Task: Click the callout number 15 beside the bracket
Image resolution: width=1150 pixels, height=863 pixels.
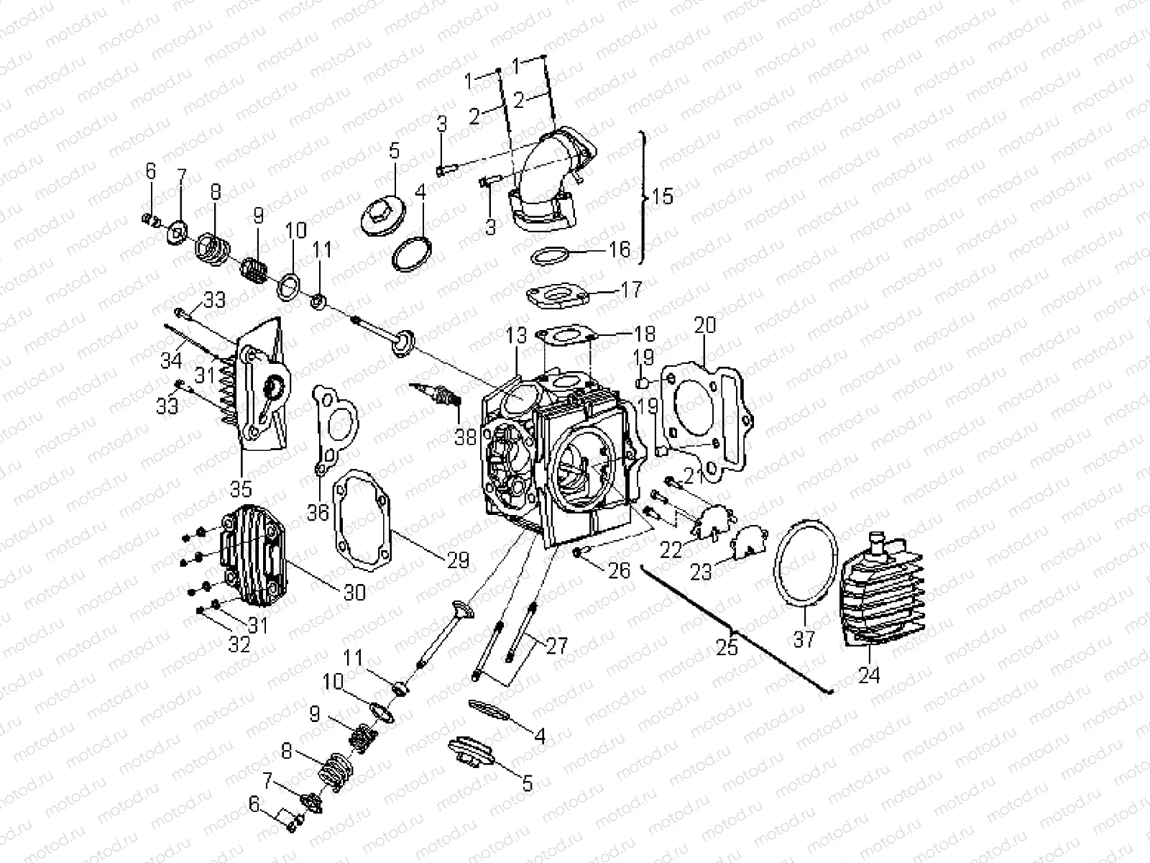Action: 662,196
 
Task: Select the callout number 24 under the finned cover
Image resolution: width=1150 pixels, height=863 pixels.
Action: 868,675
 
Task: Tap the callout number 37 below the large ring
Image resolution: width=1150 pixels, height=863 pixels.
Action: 804,637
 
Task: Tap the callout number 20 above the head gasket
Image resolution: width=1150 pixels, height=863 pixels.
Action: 705,325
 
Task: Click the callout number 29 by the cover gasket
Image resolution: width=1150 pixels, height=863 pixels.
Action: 457,560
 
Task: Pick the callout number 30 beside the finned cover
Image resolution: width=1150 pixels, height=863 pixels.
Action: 354,591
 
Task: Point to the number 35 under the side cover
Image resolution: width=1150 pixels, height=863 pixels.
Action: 241,488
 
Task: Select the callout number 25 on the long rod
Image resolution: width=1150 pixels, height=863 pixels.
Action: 727,647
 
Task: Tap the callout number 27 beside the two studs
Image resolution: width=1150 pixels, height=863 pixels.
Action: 556,645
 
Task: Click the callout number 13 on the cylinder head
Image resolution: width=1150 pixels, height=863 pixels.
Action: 516,335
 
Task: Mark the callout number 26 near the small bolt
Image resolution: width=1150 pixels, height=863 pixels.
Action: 619,570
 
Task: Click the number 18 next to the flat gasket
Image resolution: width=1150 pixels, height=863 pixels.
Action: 645,334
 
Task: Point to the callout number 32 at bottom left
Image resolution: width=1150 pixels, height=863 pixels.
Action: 239,644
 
